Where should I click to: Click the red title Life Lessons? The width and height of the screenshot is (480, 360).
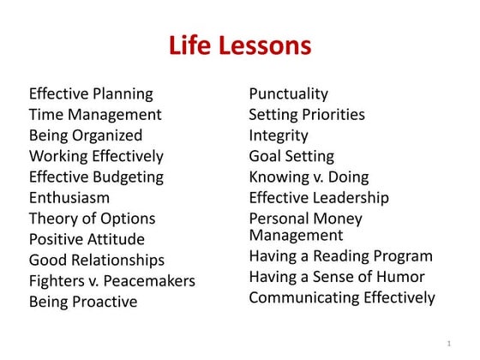(239, 45)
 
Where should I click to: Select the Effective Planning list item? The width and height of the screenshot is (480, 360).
(91, 93)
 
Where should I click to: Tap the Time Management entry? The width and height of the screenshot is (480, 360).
(95, 114)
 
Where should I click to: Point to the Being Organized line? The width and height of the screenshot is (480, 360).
(86, 135)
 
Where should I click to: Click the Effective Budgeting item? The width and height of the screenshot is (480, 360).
(96, 177)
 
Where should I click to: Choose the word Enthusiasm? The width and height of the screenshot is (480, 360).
(69, 197)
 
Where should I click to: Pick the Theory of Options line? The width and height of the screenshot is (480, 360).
(93, 219)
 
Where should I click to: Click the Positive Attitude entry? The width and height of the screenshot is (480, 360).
(87, 239)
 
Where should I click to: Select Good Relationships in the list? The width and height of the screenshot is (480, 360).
(97, 260)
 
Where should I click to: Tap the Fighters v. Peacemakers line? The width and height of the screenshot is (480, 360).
(112, 280)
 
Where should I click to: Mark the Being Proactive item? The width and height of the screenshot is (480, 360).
(83, 302)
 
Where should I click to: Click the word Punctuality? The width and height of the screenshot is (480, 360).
(288, 93)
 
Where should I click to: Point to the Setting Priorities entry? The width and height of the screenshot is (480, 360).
(307, 114)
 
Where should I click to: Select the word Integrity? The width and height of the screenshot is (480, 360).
(279, 135)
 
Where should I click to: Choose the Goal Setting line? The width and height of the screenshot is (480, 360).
(291, 156)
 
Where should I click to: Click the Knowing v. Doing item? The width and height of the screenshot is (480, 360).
(309, 177)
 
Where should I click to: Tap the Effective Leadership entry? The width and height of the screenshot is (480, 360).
(319, 197)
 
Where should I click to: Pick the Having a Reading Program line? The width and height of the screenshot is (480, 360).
(341, 255)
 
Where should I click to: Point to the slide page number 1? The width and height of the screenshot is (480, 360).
(448, 343)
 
